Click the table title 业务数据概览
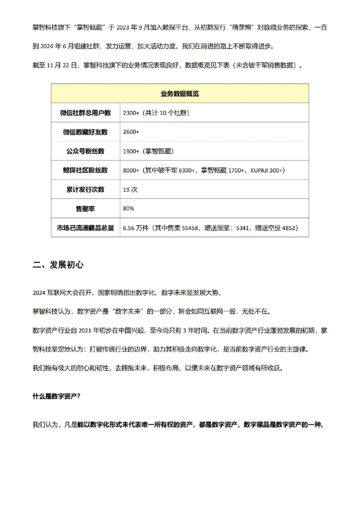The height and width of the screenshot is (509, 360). click(x=180, y=93)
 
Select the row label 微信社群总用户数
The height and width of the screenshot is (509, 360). click(x=86, y=113)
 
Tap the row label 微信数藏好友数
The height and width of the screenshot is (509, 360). click(x=86, y=132)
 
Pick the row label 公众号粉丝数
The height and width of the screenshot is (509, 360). click(x=86, y=151)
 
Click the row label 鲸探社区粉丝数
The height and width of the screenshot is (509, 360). click(x=86, y=170)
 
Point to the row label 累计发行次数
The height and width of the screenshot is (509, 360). click(x=86, y=189)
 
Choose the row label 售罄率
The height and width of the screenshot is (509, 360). click(x=86, y=208)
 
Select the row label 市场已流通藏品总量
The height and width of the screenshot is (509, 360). click(x=86, y=228)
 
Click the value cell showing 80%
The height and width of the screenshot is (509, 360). click(x=128, y=208)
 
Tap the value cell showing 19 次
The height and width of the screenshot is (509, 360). click(x=130, y=189)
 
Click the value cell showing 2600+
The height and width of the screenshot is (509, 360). click(x=131, y=132)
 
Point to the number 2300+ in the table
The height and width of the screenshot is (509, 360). click(x=131, y=113)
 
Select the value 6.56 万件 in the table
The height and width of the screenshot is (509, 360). click(x=136, y=228)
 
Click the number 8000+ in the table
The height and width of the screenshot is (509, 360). click(x=131, y=170)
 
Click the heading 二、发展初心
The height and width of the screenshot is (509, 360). click(x=58, y=264)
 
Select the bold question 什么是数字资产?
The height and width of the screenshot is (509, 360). click(x=57, y=396)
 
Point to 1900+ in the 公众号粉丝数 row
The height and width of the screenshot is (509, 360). click(x=131, y=151)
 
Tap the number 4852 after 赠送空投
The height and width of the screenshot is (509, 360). click(x=289, y=228)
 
